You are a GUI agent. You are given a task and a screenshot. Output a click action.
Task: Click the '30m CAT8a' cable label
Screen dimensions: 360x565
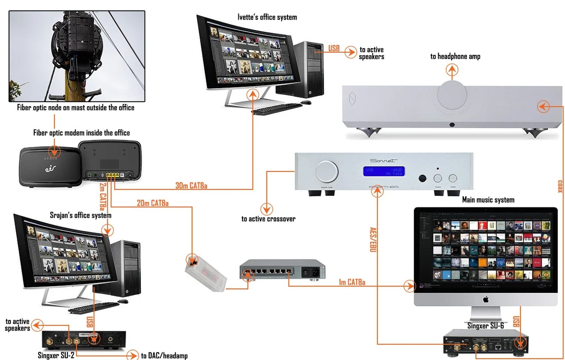(191, 185)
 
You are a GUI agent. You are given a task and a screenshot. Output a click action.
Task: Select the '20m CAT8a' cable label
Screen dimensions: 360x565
(153, 203)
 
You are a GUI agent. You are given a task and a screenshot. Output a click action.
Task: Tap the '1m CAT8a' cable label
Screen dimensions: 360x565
(352, 282)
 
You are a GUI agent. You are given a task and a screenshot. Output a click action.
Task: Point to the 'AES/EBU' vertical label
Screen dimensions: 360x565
(373, 239)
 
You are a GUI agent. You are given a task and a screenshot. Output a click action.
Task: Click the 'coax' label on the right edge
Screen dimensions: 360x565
(560, 186)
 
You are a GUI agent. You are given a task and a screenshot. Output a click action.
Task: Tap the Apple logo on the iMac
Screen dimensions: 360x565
(486, 300)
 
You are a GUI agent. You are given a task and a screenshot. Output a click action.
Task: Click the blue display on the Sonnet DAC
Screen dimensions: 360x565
(384, 172)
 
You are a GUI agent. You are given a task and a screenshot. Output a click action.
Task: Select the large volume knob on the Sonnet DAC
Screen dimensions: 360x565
(327, 171)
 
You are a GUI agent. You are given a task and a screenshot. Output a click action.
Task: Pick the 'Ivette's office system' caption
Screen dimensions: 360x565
(267, 17)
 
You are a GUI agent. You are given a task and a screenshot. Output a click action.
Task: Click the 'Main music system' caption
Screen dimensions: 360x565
(488, 200)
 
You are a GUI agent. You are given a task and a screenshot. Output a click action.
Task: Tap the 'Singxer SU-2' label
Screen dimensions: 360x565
(56, 355)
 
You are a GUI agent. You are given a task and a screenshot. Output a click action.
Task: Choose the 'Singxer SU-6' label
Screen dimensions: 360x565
(486, 326)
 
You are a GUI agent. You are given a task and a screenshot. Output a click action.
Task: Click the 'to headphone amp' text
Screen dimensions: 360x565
(455, 57)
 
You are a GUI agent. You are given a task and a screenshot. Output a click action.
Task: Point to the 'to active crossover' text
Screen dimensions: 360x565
(268, 219)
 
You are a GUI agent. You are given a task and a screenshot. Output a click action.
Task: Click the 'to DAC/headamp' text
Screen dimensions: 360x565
(164, 355)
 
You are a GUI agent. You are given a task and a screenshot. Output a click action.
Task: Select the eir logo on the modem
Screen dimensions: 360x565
(50, 169)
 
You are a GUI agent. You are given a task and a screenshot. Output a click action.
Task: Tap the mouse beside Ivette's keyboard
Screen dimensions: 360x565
(306, 102)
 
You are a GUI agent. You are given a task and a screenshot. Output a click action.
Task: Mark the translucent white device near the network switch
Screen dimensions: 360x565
(206, 273)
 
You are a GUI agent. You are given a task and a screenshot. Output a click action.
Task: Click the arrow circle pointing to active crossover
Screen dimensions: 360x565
(266, 209)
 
